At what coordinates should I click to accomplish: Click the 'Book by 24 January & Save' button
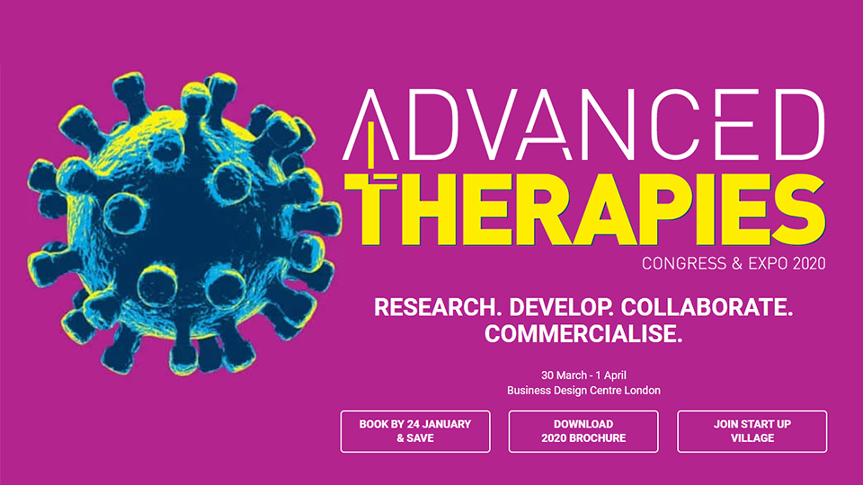coord(415,432)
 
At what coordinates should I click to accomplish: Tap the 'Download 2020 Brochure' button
coord(583,432)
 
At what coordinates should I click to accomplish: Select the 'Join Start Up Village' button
coord(752,432)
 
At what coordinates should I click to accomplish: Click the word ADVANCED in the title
coord(584,125)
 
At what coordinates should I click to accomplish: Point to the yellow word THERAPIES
coord(584,209)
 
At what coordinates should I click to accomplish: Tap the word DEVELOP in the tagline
coord(562,307)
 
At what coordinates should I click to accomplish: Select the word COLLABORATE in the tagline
coord(707,307)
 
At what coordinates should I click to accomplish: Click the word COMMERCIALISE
coord(583,333)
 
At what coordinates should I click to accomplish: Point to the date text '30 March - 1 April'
coord(583,375)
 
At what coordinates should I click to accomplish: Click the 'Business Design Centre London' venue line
coord(583,391)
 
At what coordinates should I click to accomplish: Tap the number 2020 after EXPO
coord(809,263)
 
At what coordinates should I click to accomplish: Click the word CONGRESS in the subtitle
coord(684,263)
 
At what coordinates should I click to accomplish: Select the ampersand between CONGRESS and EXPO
coord(737,263)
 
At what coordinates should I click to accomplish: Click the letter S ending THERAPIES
coord(798,209)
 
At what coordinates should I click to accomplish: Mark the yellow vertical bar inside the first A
coord(371,145)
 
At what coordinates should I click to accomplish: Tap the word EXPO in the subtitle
coord(768,263)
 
